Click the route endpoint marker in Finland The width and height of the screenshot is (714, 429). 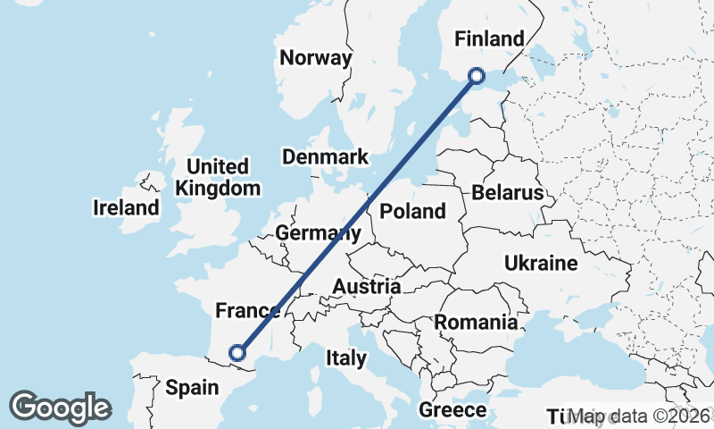(477, 76)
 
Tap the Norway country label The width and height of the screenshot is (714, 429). (316, 58)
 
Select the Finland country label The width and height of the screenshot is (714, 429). (488, 38)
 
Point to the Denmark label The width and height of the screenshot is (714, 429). (325, 157)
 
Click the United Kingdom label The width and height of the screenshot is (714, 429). (218, 177)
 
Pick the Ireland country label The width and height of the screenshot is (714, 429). (126, 208)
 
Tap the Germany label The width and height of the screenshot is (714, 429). (318, 233)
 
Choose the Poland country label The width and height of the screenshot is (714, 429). (412, 212)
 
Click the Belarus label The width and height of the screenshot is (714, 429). (508, 193)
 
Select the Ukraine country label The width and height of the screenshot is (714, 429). (541, 264)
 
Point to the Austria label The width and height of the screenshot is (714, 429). (366, 287)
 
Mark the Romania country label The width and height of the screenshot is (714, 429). (476, 322)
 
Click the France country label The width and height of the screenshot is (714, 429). (248, 311)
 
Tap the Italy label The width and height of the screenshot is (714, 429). (346, 358)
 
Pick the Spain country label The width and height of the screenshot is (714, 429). (192, 387)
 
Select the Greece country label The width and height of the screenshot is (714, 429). (453, 410)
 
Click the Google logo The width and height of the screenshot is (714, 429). (60, 408)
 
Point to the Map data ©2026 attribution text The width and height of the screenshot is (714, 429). (639, 416)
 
